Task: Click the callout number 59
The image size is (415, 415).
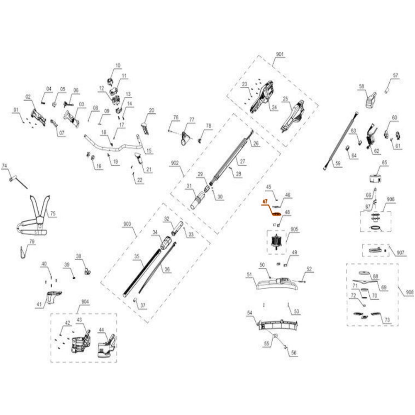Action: [338, 164]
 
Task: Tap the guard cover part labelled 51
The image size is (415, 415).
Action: [274, 284]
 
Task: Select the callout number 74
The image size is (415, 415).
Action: [5, 166]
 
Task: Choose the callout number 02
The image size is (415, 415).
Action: [28, 97]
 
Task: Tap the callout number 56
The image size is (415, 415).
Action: [293, 353]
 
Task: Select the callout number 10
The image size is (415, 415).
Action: [117, 66]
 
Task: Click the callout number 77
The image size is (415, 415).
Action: [192, 120]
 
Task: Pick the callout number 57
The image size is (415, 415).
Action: [395, 76]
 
